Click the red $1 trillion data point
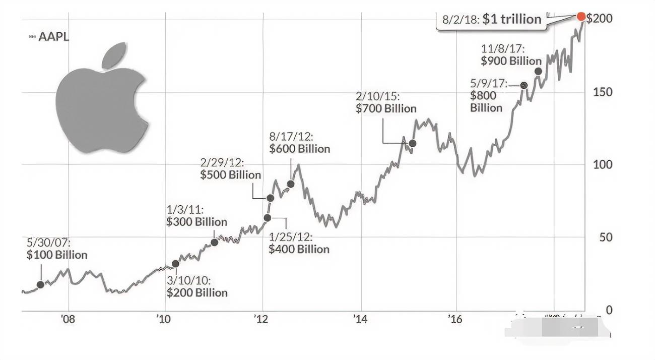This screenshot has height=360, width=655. pos(580,17)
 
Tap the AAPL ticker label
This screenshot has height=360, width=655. pos(53,37)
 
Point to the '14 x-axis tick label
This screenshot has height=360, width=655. pos(360,319)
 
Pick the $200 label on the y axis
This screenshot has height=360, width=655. pos(599,19)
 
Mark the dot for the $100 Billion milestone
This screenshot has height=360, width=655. pos(40,284)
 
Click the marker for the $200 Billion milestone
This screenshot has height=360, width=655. pos(175,264)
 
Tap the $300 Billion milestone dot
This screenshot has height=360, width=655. pos(214,242)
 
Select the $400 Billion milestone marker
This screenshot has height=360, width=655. pos(267,217)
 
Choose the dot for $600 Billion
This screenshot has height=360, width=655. pos(291,184)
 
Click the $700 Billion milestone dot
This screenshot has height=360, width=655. pos(413,143)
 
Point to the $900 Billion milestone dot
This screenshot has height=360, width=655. pos(538,71)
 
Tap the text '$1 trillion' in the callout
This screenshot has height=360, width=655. pos(511,19)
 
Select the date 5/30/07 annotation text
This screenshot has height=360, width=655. pos(49,243)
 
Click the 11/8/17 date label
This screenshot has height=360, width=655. pos(503,49)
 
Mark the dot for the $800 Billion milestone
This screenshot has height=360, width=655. pos(523,85)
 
